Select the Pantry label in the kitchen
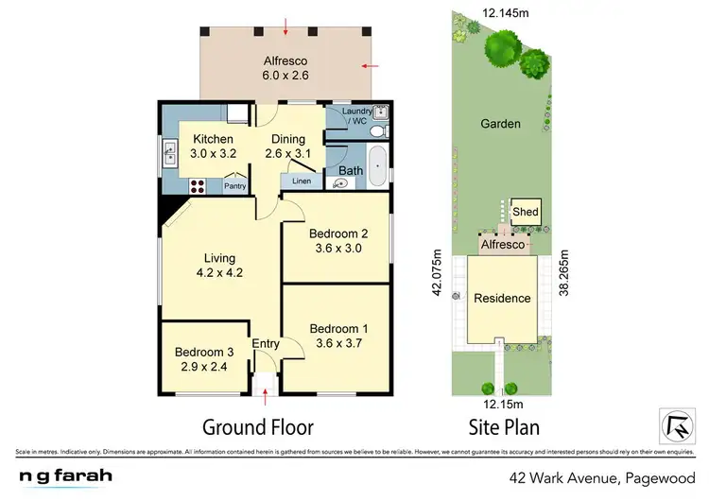tap(235, 187)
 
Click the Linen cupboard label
tap(301, 181)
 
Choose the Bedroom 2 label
tap(337, 241)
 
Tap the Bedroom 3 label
tap(201, 360)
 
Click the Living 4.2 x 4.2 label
tap(218, 266)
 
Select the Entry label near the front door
tap(266, 344)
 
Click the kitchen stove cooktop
tap(200, 185)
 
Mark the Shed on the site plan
tap(525, 212)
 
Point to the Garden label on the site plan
tap(500, 149)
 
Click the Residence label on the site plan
tap(502, 298)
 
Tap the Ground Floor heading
tap(259, 426)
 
